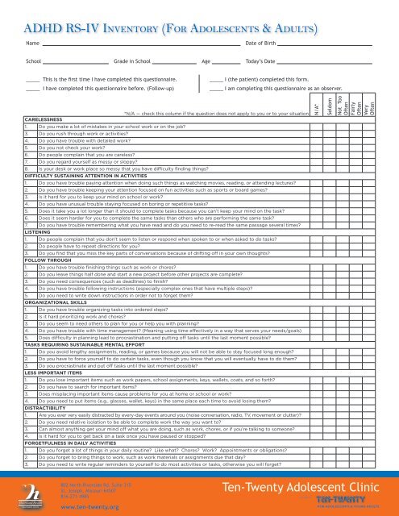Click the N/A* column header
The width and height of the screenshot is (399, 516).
coord(316,108)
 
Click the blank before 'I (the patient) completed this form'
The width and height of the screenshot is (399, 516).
coord(215,80)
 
